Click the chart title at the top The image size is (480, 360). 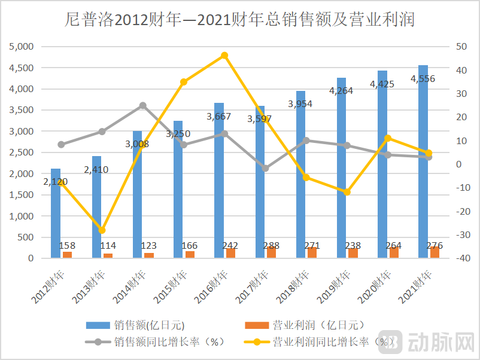click(239, 20)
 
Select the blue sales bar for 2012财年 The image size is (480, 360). click(56, 215)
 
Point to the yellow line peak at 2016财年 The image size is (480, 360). click(224, 56)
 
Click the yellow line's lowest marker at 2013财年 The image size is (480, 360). click(102, 230)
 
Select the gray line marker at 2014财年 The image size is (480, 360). click(142, 106)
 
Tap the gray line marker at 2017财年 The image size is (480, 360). click(266, 169)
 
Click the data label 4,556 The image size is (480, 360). click(423, 78)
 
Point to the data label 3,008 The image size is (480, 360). click(137, 144)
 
